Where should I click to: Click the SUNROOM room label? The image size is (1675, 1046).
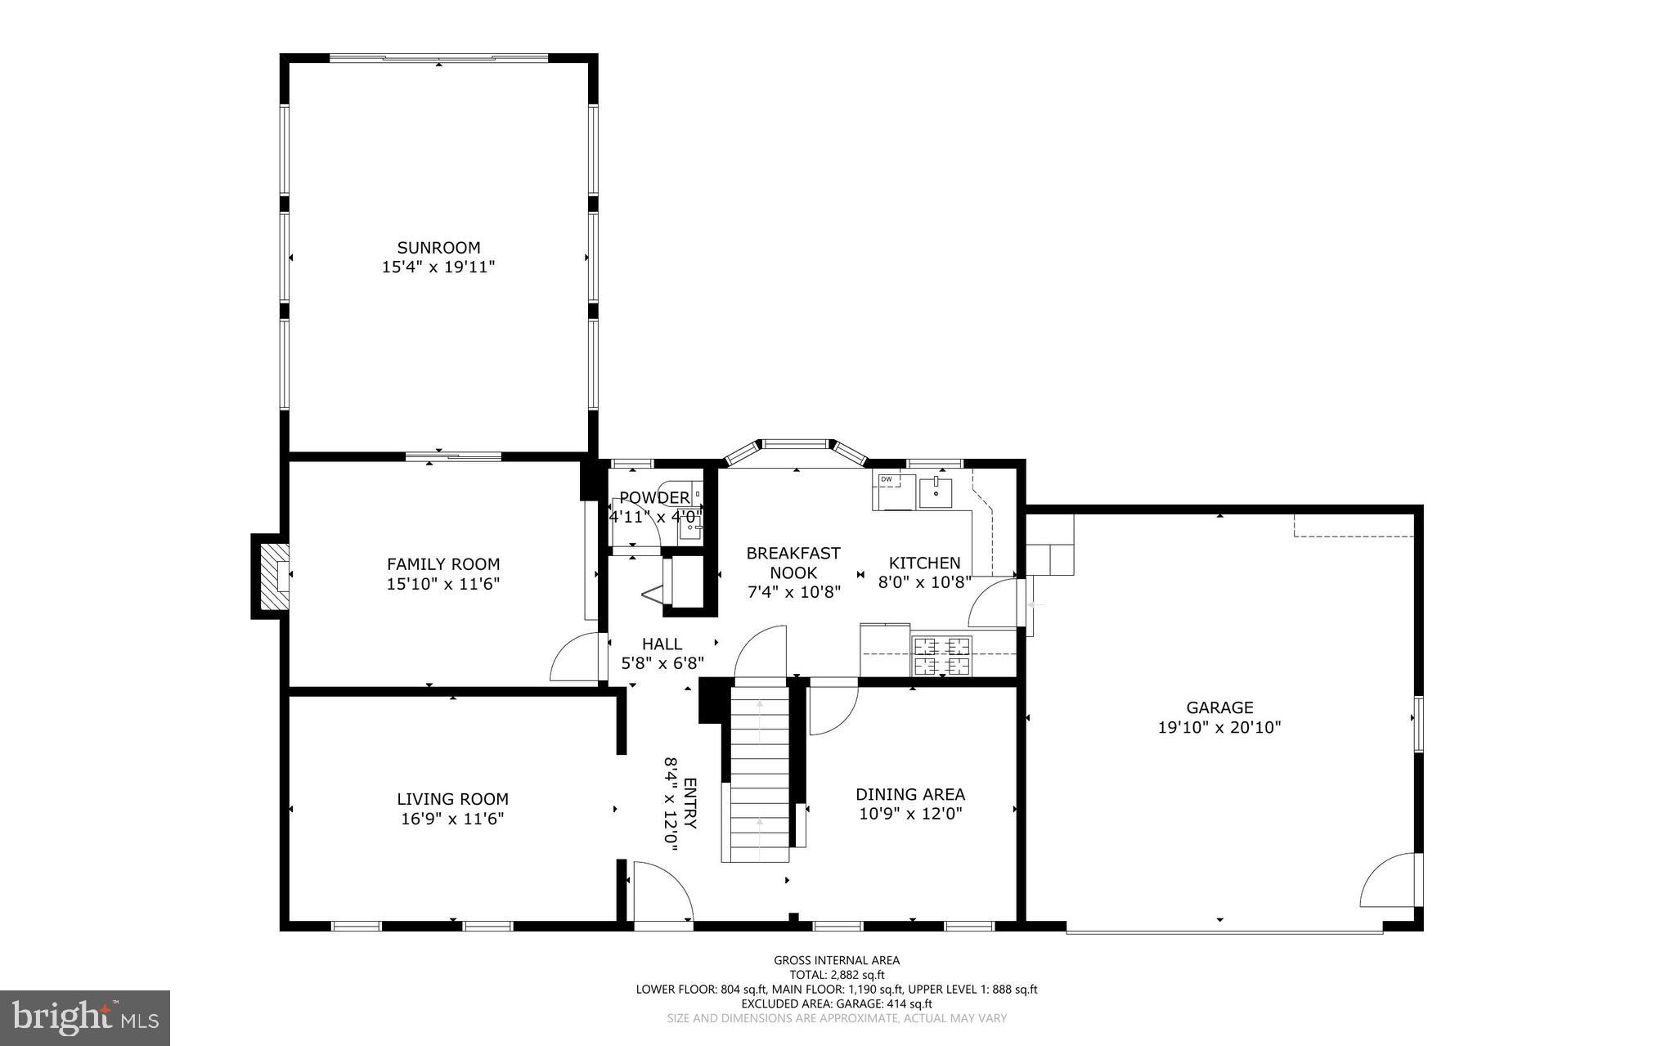[x=438, y=247]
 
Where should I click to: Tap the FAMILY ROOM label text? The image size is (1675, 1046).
[x=442, y=564]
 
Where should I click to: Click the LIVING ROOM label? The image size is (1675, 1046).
[x=452, y=799]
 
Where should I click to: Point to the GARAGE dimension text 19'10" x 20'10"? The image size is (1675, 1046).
[x=1219, y=727]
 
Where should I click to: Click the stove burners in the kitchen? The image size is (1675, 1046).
[x=941, y=655]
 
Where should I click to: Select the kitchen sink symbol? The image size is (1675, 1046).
[x=936, y=492]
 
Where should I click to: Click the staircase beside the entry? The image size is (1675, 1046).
[x=760, y=773]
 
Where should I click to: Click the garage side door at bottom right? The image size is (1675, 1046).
[x=1390, y=882]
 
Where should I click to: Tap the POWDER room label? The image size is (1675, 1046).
[x=654, y=498]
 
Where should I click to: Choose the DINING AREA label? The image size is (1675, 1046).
[x=910, y=794]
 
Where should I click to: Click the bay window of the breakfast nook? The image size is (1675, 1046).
[x=796, y=446]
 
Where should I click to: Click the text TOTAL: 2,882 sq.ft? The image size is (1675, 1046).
[x=837, y=975]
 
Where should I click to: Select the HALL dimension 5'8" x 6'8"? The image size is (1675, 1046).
[x=662, y=663]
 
